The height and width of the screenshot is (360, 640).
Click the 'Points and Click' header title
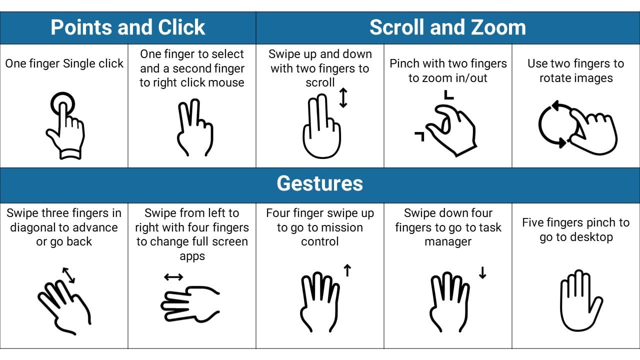tap(127, 27)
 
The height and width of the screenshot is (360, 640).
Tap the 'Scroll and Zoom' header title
tap(447, 27)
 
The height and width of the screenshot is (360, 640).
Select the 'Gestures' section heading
tap(319, 183)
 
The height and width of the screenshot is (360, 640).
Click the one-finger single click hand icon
tap(65, 125)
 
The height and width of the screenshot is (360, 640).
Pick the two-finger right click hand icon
tap(195, 127)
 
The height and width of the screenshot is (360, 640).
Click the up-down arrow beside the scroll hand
tap(343, 97)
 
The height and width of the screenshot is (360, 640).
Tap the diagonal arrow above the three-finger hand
tap(68, 275)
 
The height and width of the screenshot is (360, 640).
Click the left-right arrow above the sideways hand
tap(173, 277)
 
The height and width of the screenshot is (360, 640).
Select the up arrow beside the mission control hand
tap(347, 270)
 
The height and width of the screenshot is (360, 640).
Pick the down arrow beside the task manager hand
tap(482, 272)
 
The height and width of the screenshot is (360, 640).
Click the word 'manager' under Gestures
tap(447, 242)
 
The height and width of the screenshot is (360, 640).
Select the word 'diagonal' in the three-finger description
tap(32, 227)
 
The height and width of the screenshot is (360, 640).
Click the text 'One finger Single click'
tap(64, 63)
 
